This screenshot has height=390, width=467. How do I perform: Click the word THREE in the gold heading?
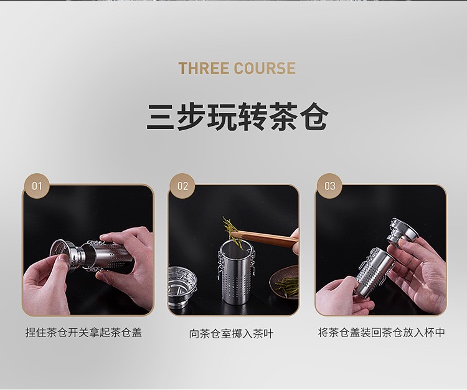(204, 69)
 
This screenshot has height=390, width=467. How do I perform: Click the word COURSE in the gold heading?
(265, 69)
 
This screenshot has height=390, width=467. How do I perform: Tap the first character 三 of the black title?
(160, 117)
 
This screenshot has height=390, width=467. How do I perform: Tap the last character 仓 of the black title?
(314, 117)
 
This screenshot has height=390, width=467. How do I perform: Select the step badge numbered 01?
(37, 186)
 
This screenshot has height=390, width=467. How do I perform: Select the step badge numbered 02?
(182, 186)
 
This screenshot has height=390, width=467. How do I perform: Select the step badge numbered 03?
(329, 186)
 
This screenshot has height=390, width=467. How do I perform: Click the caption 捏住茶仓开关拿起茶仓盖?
(83, 332)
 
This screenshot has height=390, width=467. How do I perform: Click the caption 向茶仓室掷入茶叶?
(231, 333)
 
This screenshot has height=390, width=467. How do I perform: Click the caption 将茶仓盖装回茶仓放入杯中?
(382, 332)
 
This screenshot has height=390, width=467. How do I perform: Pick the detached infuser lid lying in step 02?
(182, 287)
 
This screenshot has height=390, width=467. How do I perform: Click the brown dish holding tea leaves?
(285, 280)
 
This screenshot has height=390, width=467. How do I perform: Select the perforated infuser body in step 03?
(376, 272)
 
